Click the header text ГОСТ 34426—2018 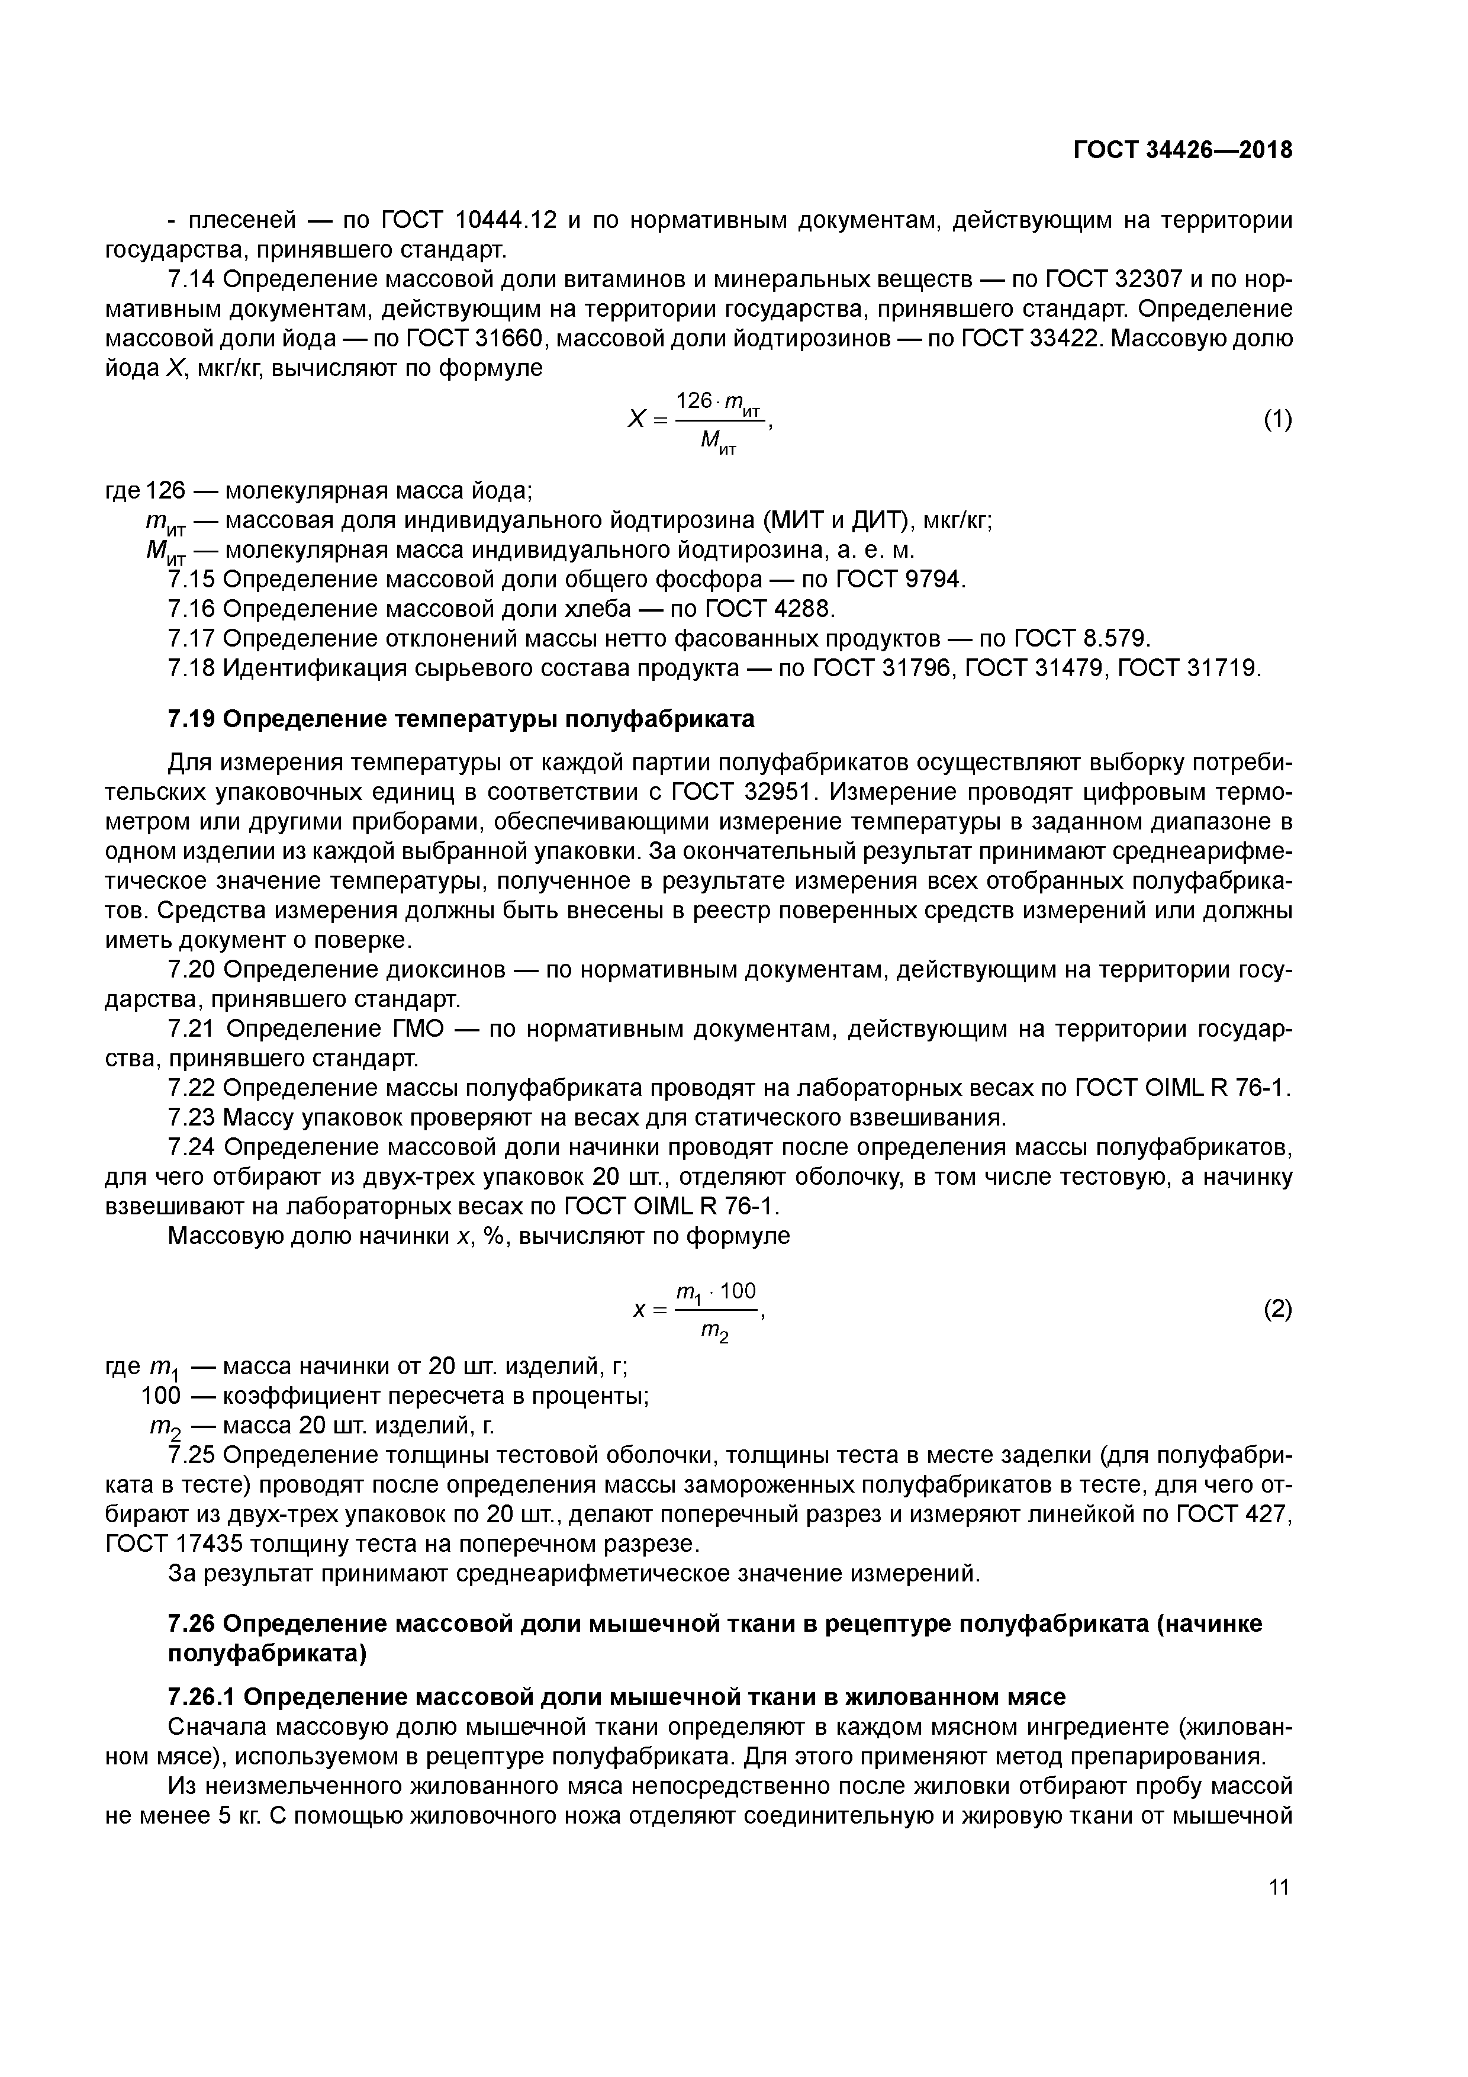tap(1182, 150)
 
